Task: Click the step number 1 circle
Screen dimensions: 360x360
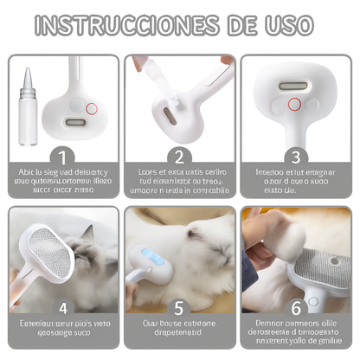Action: coord(61,157)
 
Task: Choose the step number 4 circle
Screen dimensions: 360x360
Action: coord(61,306)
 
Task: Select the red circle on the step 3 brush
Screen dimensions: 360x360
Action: coord(295,105)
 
